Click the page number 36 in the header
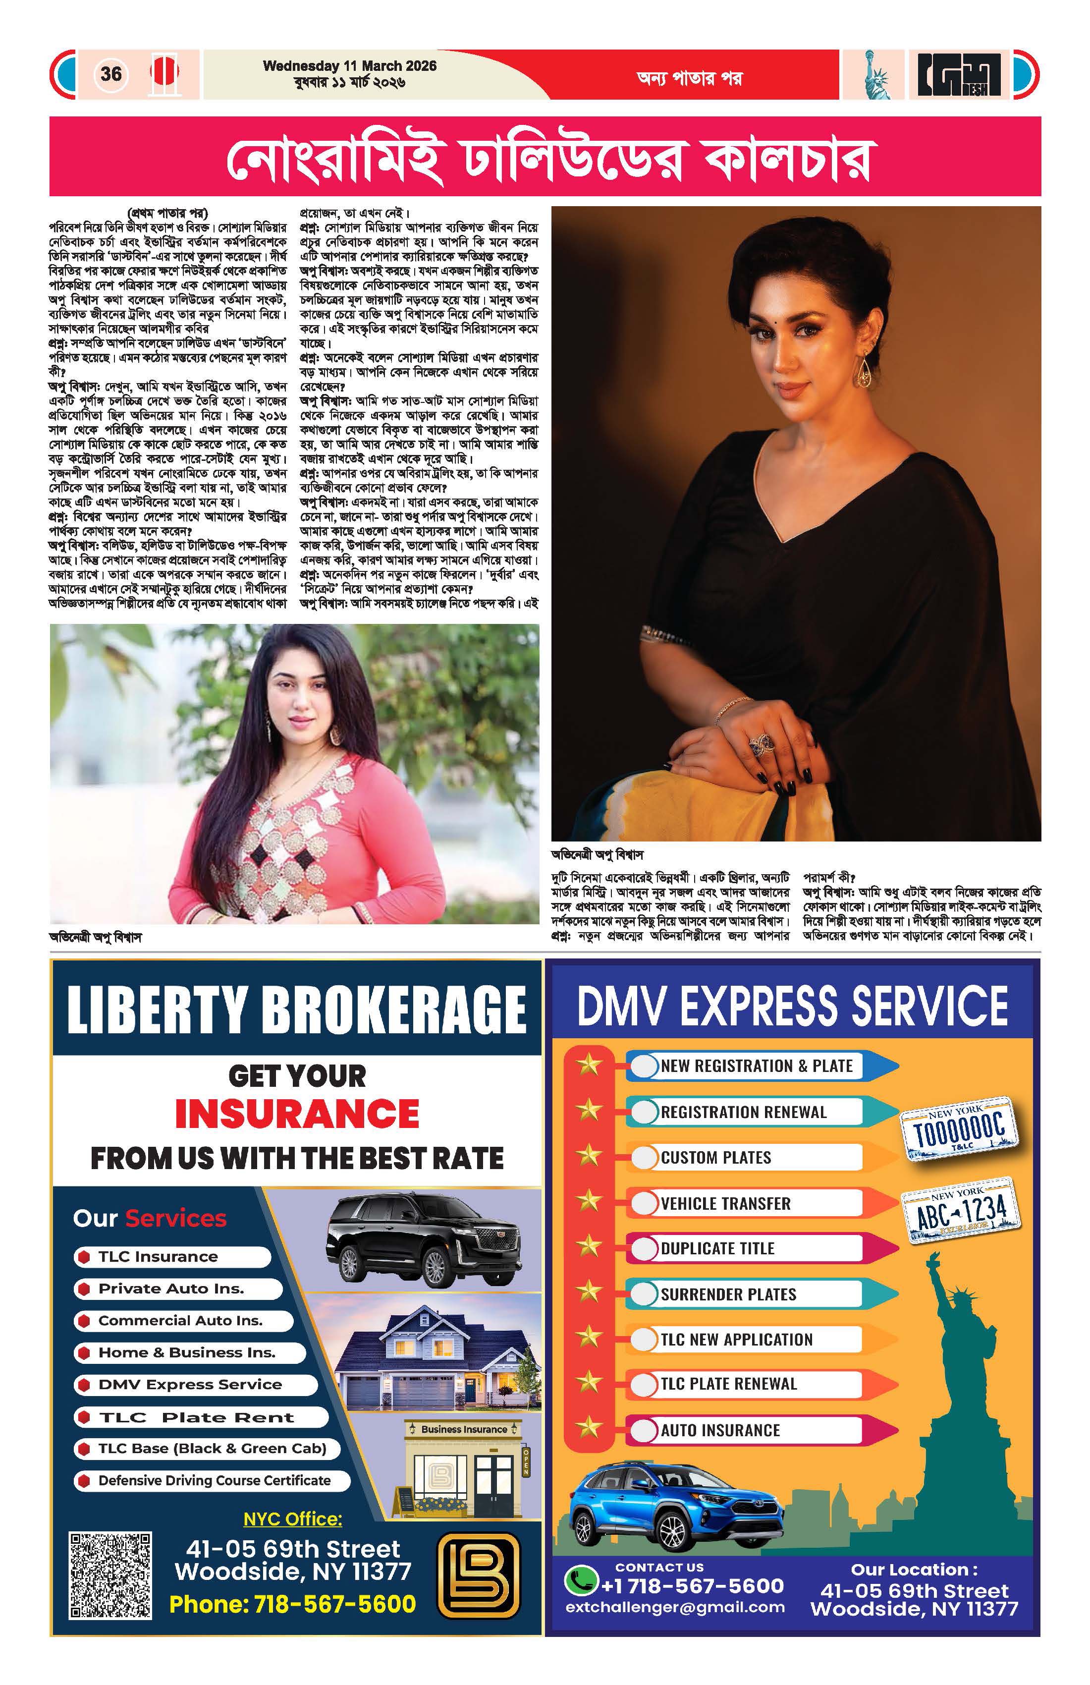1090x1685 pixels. (111, 74)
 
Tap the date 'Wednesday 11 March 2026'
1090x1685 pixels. (350, 66)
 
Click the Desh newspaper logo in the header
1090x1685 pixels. (960, 75)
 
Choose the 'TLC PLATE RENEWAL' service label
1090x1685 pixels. (728, 1383)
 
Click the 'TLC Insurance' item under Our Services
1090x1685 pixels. (158, 1257)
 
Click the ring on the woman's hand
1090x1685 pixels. (762, 741)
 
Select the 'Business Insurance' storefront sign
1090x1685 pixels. (464, 1429)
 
